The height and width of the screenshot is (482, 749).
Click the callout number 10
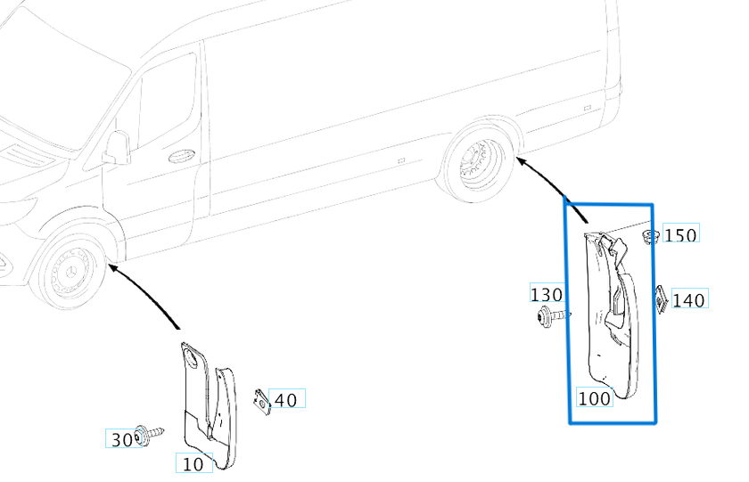click(193, 463)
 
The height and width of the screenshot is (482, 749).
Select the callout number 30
click(121, 438)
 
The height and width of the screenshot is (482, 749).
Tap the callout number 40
click(285, 400)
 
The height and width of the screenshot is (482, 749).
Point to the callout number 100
click(594, 398)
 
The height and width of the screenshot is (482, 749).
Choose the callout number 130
click(546, 295)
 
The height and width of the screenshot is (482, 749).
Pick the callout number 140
click(688, 300)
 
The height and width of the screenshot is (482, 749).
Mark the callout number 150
click(681, 234)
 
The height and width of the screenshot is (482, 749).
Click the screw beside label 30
click(147, 436)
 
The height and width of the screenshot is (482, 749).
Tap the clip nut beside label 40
click(261, 401)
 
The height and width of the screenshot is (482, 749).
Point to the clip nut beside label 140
click(662, 298)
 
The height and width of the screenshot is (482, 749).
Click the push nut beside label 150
click(651, 237)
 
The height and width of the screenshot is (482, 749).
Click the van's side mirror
click(117, 147)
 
